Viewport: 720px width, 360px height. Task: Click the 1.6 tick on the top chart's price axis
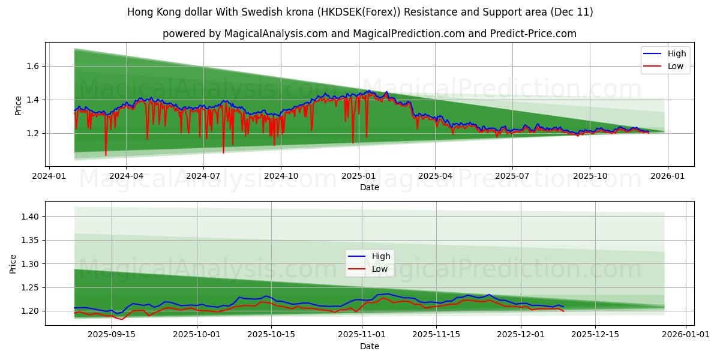[33, 66]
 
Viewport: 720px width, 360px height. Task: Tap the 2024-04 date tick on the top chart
[126, 176]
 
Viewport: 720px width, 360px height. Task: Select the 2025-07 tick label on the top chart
[512, 176]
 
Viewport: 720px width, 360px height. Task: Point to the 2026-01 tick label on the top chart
[667, 176]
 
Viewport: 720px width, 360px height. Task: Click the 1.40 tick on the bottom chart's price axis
[31, 217]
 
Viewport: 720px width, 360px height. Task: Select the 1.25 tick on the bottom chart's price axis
[31, 287]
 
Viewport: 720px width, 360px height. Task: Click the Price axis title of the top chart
[19, 105]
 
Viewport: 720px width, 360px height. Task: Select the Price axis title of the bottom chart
[13, 263]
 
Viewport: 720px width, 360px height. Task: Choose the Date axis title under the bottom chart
[370, 346]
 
